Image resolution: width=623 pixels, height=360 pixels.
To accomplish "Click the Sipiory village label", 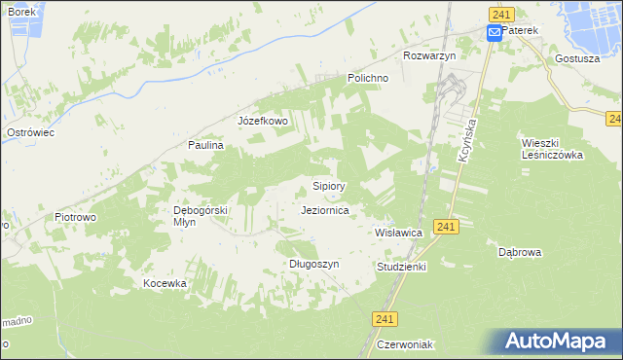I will pyautogui.click(x=329, y=185).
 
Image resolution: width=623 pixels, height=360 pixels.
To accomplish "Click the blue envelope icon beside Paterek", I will pyautogui.click(x=494, y=32).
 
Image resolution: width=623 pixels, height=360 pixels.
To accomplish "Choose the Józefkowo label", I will pyautogui.click(x=263, y=122).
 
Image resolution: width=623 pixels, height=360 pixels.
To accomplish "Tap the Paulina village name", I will pyautogui.click(x=206, y=145).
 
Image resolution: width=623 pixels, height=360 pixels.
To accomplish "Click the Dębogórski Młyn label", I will pyautogui.click(x=200, y=215).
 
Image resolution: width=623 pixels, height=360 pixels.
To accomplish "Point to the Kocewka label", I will pyautogui.click(x=164, y=283).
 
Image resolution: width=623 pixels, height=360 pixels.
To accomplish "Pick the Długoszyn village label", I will pyautogui.click(x=313, y=264).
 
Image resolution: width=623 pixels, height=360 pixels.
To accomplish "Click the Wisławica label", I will pyautogui.click(x=398, y=234).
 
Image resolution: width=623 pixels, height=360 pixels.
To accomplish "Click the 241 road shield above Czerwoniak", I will pyautogui.click(x=385, y=318).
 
